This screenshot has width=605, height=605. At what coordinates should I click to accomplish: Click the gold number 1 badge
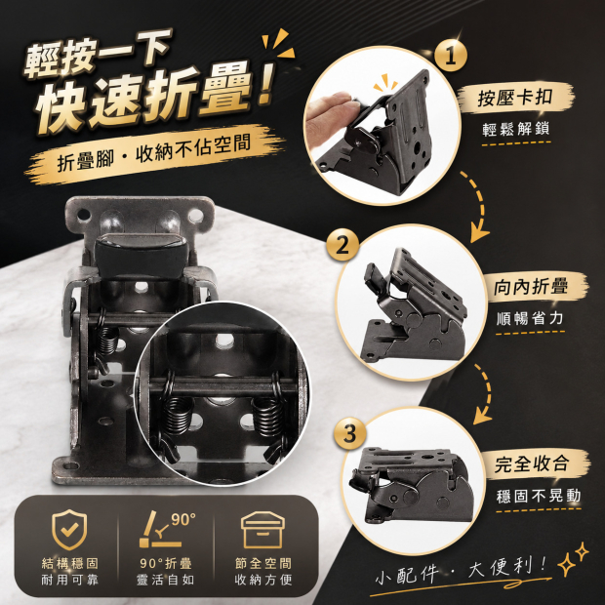pyautogui.click(x=450, y=56)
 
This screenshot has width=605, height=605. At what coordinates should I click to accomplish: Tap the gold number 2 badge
pyautogui.click(x=343, y=245)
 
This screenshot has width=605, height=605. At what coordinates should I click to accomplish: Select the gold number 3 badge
pyautogui.click(x=349, y=433)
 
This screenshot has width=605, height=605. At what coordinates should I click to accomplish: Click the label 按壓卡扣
pyautogui.click(x=515, y=98)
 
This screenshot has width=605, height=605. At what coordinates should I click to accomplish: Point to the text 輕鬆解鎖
pyautogui.click(x=516, y=129)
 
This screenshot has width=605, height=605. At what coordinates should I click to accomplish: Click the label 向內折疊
pyautogui.click(x=531, y=287)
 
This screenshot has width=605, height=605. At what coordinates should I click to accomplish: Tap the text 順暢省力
pyautogui.click(x=530, y=319)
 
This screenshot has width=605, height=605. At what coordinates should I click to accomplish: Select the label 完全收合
pyautogui.click(x=532, y=464)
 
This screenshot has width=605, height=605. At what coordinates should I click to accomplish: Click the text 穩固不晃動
pyautogui.click(x=539, y=496)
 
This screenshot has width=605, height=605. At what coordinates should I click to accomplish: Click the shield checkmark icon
pyautogui.click(x=69, y=529)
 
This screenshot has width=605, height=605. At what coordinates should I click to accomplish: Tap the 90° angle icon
pyautogui.click(x=167, y=529)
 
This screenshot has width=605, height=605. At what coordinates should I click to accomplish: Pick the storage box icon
pyautogui.click(x=262, y=529)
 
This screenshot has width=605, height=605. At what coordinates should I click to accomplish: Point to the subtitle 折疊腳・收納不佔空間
pyautogui.click(x=154, y=153)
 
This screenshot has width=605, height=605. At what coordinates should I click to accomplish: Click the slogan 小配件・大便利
pyautogui.click(x=462, y=570)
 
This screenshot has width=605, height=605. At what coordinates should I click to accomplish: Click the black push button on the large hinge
pyautogui.click(x=141, y=254)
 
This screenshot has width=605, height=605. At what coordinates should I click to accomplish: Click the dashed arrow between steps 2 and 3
pyautogui.click(x=485, y=393)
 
